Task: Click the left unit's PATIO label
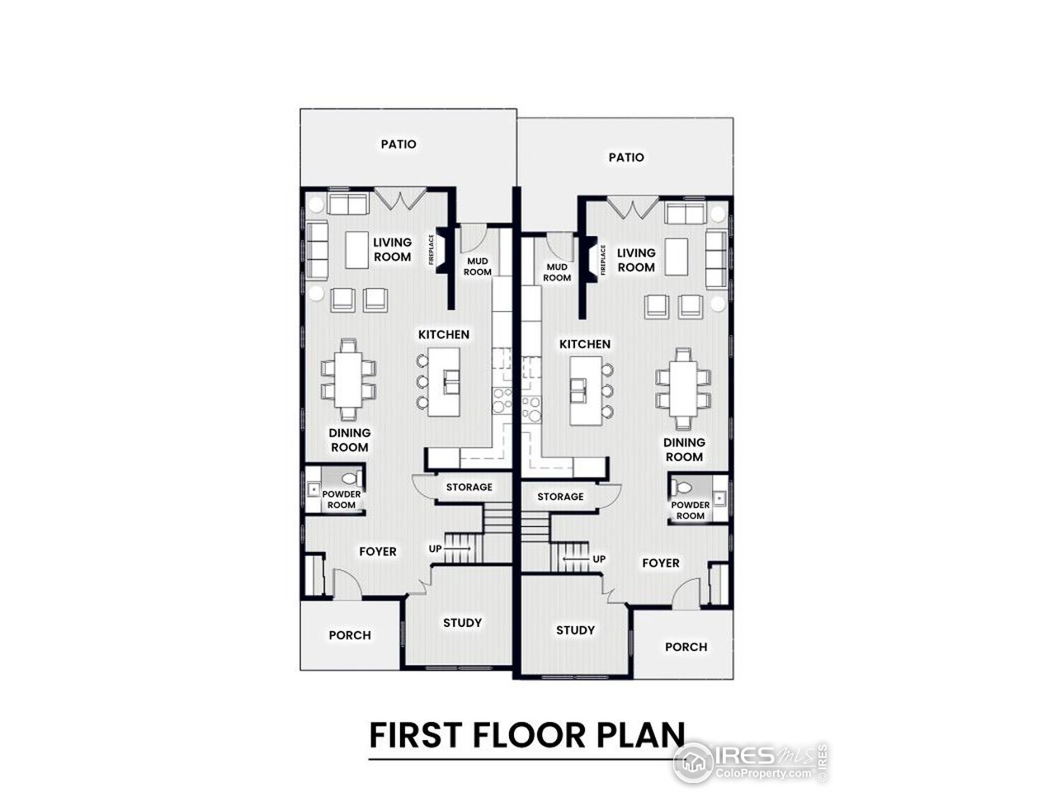point(398,144)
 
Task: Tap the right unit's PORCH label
point(686,647)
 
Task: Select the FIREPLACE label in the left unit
point(431,250)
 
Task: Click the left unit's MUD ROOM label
point(478,266)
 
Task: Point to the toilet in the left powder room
point(350,478)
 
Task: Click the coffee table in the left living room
point(356,249)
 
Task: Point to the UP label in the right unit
point(599,559)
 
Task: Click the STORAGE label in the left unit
point(469,487)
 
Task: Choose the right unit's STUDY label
point(575,629)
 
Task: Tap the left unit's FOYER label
point(377,551)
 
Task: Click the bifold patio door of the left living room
point(400,197)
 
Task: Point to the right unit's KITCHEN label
point(585,344)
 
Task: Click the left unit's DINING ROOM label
point(350,440)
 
